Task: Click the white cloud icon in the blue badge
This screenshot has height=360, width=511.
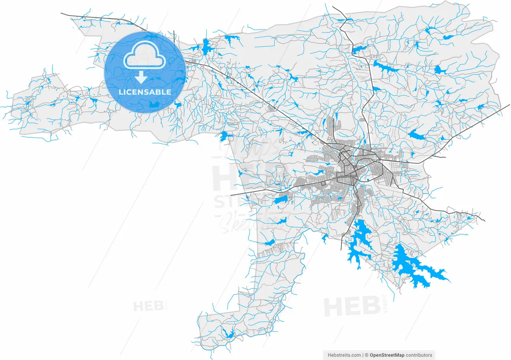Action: [145, 58]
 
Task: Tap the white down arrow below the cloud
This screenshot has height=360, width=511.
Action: [141, 78]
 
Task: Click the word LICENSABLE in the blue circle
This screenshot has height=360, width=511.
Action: [145, 92]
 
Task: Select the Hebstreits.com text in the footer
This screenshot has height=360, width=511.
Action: [344, 355]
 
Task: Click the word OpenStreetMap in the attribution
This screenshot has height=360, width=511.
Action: [387, 355]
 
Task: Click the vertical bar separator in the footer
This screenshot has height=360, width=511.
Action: [362, 355]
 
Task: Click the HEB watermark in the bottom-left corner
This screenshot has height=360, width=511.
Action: [146, 306]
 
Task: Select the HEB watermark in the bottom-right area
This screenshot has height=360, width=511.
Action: [352, 306]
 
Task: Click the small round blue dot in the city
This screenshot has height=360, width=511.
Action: [367, 180]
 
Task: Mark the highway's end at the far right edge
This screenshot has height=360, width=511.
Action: [509, 105]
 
